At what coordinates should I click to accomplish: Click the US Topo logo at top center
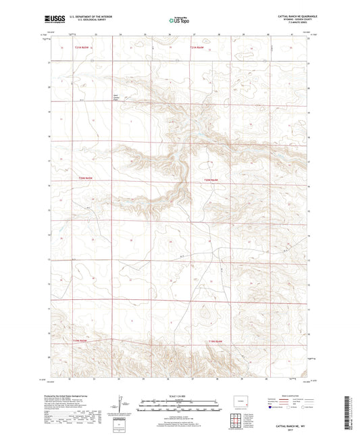pyautogui.click(x=175, y=21)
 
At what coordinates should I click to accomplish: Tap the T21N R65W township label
pyautogui.click(x=82, y=48)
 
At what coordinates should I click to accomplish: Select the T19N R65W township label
pyautogui.click(x=81, y=340)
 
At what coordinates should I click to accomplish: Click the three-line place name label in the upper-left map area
pyautogui.click(x=117, y=99)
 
